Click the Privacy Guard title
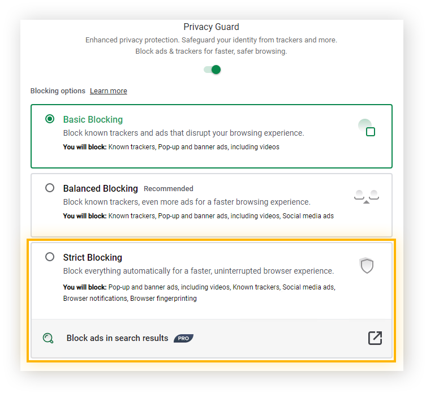[x=212, y=27]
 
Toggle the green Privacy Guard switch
[x=212, y=70]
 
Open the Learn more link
[x=109, y=90]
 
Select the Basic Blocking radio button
[x=50, y=119]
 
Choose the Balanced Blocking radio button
[x=50, y=188]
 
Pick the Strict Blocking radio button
[x=50, y=257]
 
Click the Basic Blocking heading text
[x=93, y=119]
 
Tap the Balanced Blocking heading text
[x=101, y=188]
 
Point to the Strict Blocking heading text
[x=93, y=257]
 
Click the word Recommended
[x=169, y=188]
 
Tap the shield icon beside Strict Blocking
[x=367, y=265]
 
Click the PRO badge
[x=184, y=338]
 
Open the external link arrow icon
[x=375, y=338]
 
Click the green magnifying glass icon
[x=48, y=338]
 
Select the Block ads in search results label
[x=117, y=338]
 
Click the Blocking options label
[x=58, y=90]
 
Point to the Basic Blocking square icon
[x=371, y=132]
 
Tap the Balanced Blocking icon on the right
[x=367, y=197]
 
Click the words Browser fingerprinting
[x=163, y=299]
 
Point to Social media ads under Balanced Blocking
[x=308, y=216]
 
